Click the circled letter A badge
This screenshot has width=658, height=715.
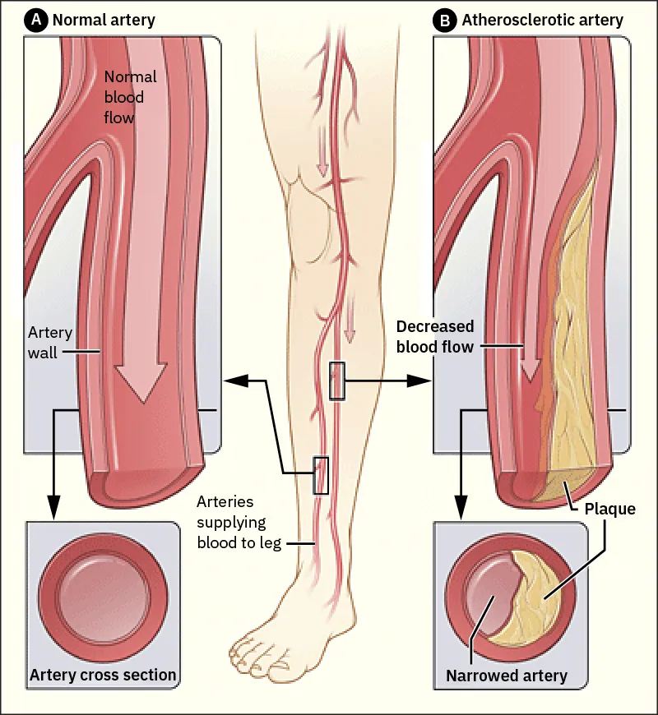[x=37, y=20]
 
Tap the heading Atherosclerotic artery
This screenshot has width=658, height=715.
[x=542, y=20]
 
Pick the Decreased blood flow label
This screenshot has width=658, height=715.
[x=435, y=335]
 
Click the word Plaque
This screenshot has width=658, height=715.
[x=609, y=509]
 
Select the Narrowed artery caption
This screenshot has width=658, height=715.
[x=507, y=676]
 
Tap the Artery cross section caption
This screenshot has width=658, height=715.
[x=103, y=676]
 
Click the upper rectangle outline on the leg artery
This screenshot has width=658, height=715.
[x=336, y=380]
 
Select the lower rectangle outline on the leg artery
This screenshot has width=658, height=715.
[x=321, y=475]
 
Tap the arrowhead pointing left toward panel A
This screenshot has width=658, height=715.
[x=233, y=381]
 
